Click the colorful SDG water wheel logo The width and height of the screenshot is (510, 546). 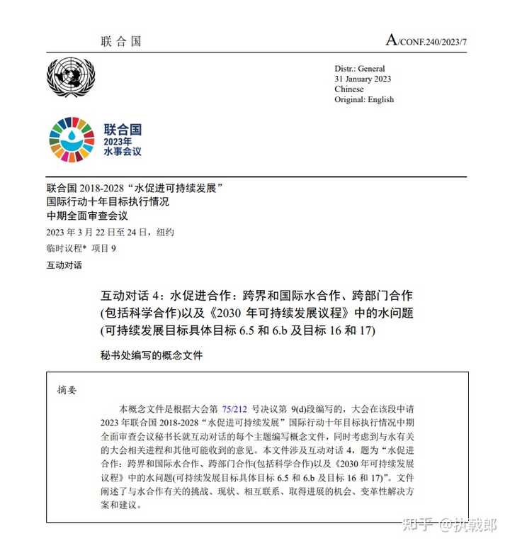click(x=71, y=138)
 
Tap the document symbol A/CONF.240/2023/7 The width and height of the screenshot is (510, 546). click(x=426, y=40)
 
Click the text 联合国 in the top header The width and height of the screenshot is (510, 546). click(x=121, y=41)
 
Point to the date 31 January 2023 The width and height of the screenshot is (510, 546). click(x=363, y=79)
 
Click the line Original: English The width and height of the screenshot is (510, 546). click(x=364, y=100)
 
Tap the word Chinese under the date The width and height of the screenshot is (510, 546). click(x=349, y=89)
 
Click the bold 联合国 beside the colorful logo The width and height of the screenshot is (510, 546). click(x=123, y=129)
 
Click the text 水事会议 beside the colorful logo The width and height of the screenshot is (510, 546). click(x=123, y=152)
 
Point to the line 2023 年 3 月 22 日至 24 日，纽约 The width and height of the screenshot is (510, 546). click(x=110, y=233)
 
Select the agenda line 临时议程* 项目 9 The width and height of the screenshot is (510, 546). click(x=81, y=248)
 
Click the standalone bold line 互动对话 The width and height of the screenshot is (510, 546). click(x=64, y=265)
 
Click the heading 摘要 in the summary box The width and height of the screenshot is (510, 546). click(x=67, y=389)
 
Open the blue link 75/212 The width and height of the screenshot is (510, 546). click(x=234, y=409)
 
